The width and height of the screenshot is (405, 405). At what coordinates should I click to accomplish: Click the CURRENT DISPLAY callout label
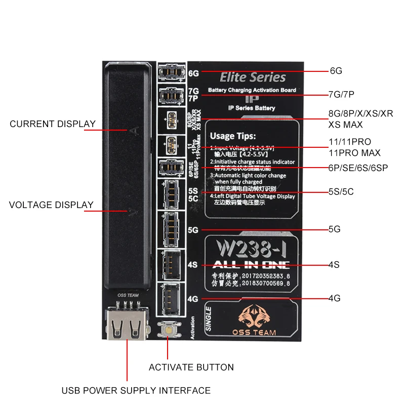[53, 124]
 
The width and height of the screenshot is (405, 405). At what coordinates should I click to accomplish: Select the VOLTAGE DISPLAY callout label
[52, 205]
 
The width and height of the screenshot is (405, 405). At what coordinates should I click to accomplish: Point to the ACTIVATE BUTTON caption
[191, 367]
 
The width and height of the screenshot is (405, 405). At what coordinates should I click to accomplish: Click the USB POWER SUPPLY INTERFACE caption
[136, 390]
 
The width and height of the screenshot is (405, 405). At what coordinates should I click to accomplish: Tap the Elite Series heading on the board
[253, 77]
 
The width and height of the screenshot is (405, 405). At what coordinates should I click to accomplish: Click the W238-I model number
[251, 249]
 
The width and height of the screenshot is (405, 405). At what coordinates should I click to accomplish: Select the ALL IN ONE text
[251, 264]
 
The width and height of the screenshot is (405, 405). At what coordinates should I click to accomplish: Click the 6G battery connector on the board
[171, 72]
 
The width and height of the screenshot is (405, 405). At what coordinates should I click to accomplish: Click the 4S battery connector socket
[171, 264]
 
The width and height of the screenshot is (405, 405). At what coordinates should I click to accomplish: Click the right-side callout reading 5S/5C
[341, 192]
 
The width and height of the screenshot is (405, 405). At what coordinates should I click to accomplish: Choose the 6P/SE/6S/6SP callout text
[357, 168]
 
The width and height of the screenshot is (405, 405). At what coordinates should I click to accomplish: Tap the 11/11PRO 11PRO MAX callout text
[354, 147]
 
